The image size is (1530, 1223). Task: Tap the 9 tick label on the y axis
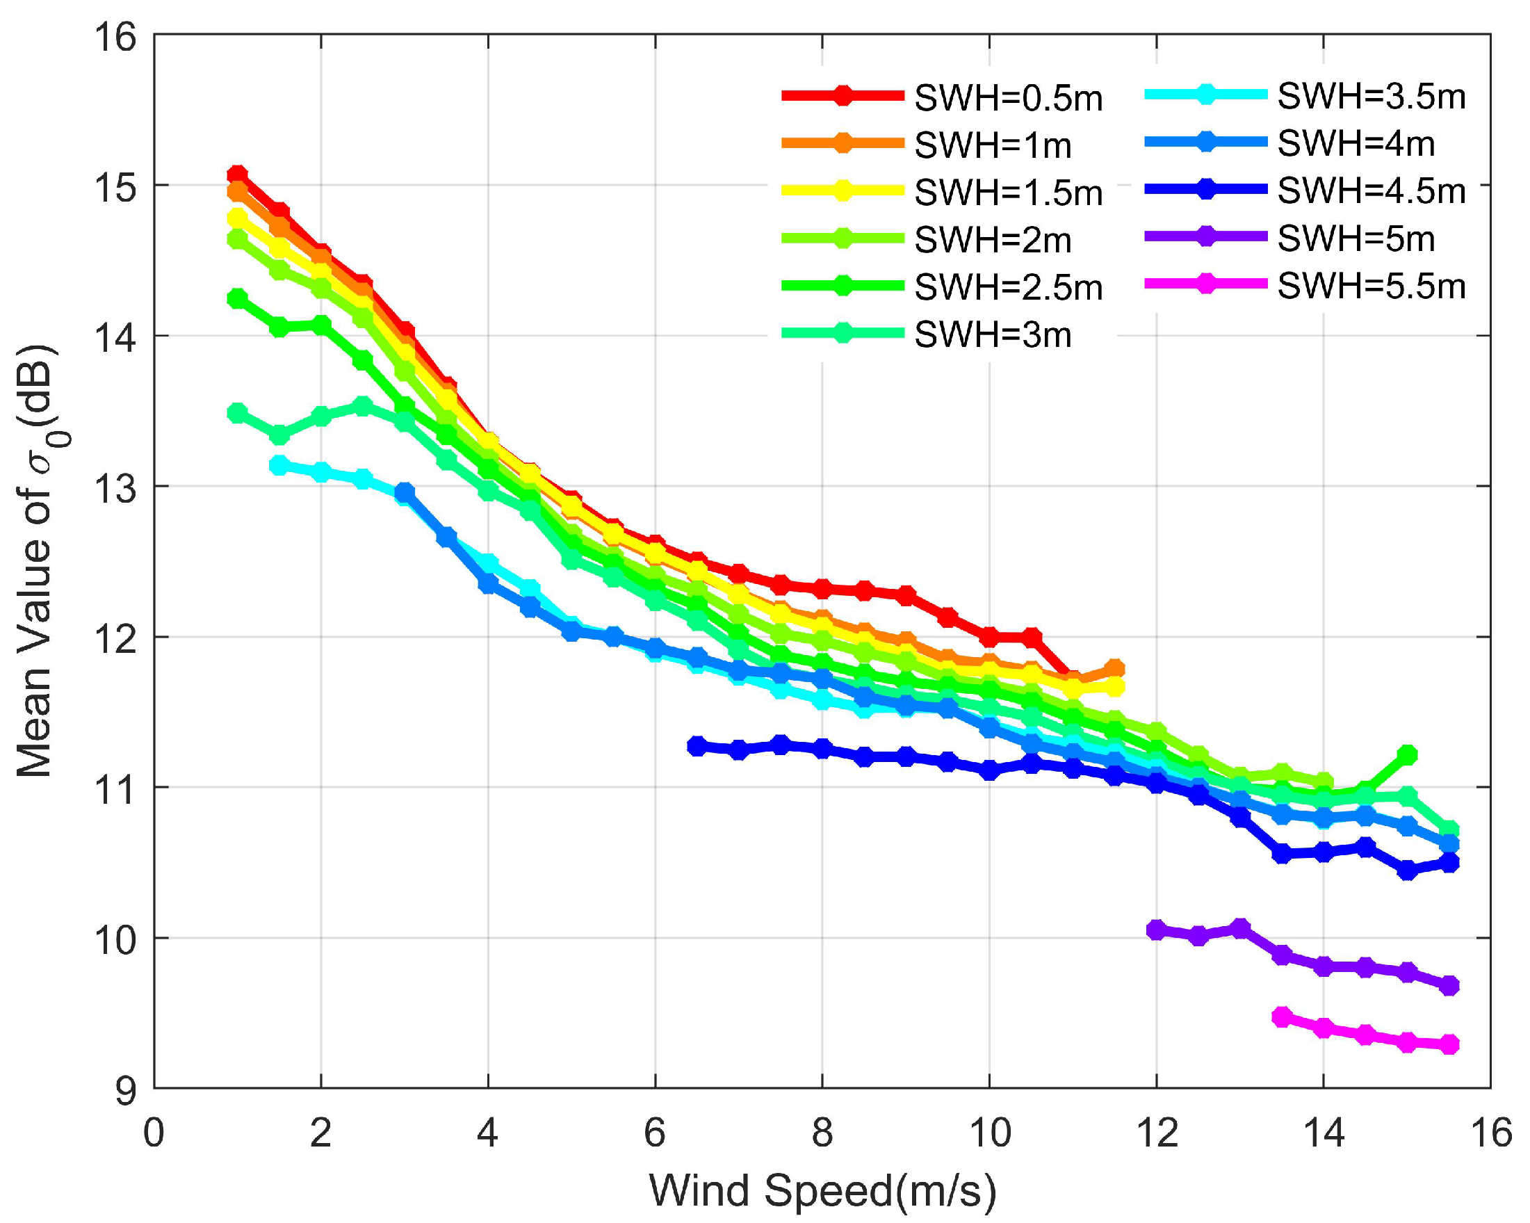pyautogui.click(x=124, y=1090)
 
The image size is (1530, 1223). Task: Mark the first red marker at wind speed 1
pyautogui.click(x=237, y=174)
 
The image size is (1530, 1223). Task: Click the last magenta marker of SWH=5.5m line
pyautogui.click(x=1449, y=1044)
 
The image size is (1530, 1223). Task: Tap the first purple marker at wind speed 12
pyautogui.click(x=1156, y=930)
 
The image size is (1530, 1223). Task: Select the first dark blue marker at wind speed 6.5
pyautogui.click(x=697, y=746)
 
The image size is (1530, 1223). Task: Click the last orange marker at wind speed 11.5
pyautogui.click(x=1114, y=669)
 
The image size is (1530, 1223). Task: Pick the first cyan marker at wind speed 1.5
pyautogui.click(x=279, y=466)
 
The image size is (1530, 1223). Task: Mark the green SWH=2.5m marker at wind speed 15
pyautogui.click(x=1407, y=754)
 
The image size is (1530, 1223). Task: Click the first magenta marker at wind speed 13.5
pyautogui.click(x=1282, y=1017)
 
